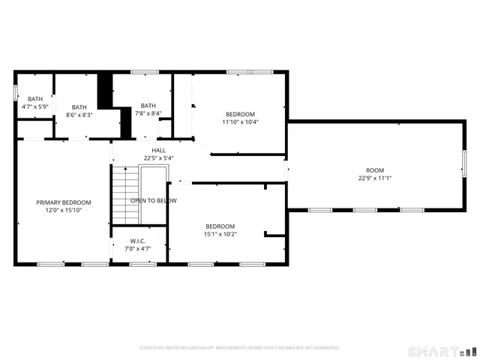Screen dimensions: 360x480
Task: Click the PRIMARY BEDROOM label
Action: pyautogui.click(x=64, y=202)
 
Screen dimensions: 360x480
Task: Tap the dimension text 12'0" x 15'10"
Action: pyautogui.click(x=64, y=211)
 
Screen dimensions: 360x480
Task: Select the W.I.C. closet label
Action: pyautogui.click(x=137, y=241)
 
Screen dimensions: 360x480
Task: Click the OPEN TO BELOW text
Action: pyautogui.click(x=154, y=201)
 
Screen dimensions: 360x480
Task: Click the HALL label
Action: pyautogui.click(x=158, y=150)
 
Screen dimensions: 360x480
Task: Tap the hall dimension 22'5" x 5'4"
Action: pyautogui.click(x=158, y=158)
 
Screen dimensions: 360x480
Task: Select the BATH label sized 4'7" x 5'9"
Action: pyautogui.click(x=35, y=99)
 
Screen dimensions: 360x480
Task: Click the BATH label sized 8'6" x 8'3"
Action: pyautogui.click(x=79, y=106)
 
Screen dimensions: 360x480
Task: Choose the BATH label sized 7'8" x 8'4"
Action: pyautogui.click(x=148, y=106)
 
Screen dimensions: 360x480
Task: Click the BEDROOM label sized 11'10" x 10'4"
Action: pyautogui.click(x=241, y=114)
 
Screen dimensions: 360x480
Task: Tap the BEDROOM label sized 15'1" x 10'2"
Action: pyautogui.click(x=220, y=226)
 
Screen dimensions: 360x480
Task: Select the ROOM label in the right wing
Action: pyautogui.click(x=375, y=170)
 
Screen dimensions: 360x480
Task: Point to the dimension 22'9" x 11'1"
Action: pyautogui.click(x=375, y=178)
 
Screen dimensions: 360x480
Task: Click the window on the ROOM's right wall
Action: pyautogui.click(x=464, y=163)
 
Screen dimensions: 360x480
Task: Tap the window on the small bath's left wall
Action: pyautogui.click(x=16, y=92)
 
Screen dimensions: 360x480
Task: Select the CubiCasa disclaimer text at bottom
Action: pyautogui.click(x=240, y=348)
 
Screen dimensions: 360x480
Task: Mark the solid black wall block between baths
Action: pyautogui.click(x=106, y=90)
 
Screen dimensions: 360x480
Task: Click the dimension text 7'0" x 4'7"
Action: pyautogui.click(x=137, y=248)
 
